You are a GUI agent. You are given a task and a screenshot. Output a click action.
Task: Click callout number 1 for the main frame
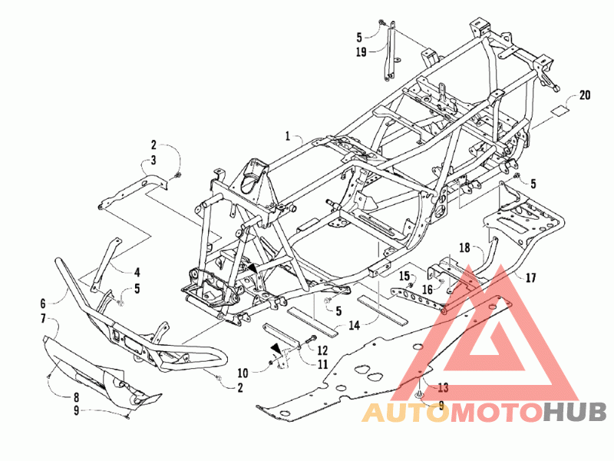tap(288, 136)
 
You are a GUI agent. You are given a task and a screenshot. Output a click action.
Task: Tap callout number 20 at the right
tap(586, 95)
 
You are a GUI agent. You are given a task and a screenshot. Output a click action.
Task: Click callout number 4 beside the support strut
tap(137, 272)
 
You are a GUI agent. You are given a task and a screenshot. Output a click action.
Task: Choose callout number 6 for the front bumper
tap(44, 303)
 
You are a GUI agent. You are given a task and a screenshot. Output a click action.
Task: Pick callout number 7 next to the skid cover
tap(44, 318)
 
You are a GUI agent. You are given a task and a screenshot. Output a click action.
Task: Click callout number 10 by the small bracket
tap(243, 372)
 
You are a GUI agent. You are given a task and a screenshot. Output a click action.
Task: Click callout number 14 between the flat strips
tap(355, 325)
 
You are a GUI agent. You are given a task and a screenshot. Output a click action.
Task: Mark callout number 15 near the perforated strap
tap(404, 275)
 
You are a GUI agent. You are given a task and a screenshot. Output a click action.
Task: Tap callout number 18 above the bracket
tap(464, 247)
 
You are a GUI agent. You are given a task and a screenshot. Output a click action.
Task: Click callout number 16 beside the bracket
tap(428, 289)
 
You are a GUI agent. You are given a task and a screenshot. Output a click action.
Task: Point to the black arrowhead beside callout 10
tap(275, 349)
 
